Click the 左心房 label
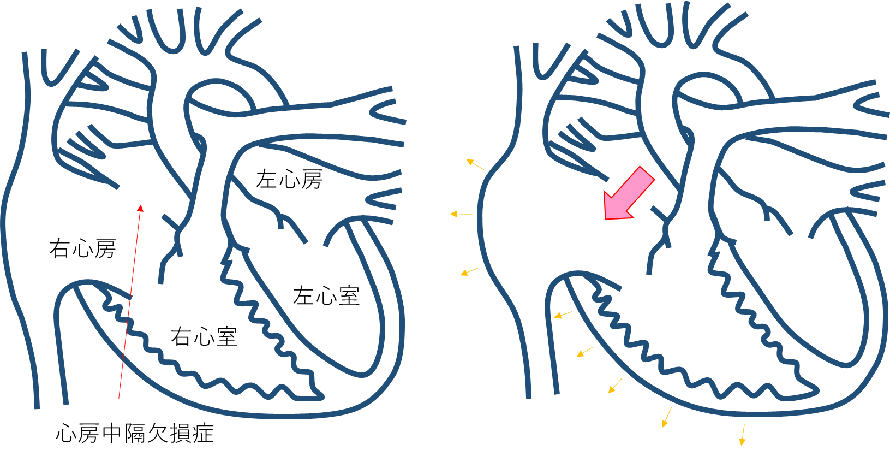click(289, 179)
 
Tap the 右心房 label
click(82, 248)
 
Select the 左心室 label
click(326, 296)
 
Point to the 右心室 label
click(204, 337)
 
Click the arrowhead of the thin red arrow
click(140, 208)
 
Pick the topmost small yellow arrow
click(475, 164)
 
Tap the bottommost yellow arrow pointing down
click(742, 435)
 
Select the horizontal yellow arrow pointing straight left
click(461, 214)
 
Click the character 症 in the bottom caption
click(203, 433)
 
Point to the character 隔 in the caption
click(135, 433)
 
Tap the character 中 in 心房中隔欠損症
click(112, 433)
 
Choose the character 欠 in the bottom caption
click(158, 433)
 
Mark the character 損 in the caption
click(180, 433)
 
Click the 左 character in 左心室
click(303, 296)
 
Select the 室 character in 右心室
click(226, 337)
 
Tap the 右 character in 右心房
click(59, 248)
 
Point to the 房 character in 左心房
click(312, 179)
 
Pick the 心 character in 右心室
click(204, 337)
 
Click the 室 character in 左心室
click(349, 296)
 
